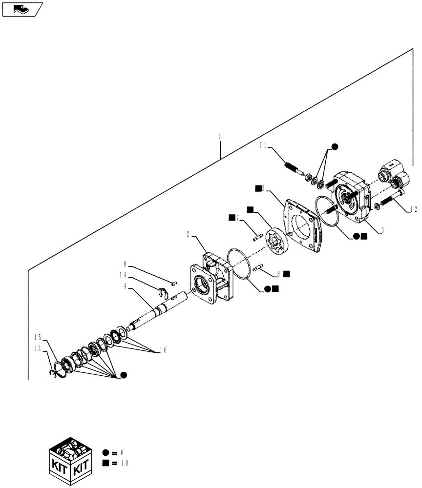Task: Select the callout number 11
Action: coord(263,145)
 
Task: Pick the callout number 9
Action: coord(125,264)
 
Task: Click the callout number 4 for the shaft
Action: coord(126,286)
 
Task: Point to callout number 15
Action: coord(38,337)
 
